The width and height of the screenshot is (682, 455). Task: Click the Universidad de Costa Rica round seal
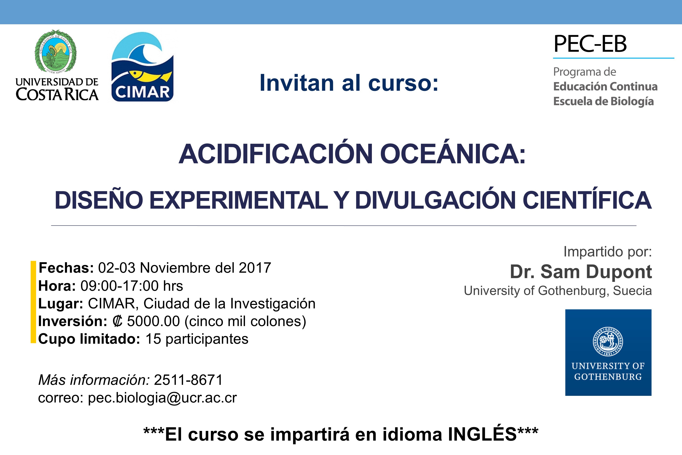tap(56, 51)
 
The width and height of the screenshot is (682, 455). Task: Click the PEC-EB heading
tap(590, 44)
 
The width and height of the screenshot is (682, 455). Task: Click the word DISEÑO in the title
tap(99, 200)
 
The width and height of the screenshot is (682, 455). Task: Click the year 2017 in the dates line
tap(255, 268)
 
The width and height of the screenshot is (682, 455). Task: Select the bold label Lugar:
tap(61, 304)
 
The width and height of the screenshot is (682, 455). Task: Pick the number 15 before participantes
tap(153, 339)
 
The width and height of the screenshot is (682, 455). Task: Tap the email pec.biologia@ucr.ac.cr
tap(162, 398)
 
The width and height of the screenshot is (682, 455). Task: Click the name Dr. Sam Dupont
tap(581, 272)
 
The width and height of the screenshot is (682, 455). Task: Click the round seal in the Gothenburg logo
tap(608, 341)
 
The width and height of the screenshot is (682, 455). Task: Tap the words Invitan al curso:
tap(349, 83)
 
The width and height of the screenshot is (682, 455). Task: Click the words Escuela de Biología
tap(603, 102)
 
